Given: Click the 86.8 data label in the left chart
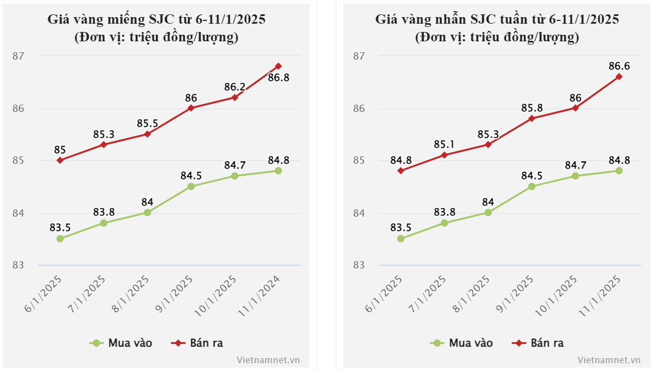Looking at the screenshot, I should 278,78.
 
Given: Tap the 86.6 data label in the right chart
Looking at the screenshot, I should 619,66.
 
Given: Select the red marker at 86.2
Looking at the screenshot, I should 234,98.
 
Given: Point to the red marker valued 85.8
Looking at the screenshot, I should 531,118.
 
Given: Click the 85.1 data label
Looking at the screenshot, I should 444,145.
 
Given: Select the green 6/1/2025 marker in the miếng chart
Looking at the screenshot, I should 60,239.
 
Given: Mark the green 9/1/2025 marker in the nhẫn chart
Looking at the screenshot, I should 531,186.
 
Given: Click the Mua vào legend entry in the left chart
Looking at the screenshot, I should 121,343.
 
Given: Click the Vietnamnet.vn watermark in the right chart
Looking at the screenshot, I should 609,360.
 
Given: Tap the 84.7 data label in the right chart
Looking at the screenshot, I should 575,165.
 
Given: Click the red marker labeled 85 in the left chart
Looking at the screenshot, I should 60,160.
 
